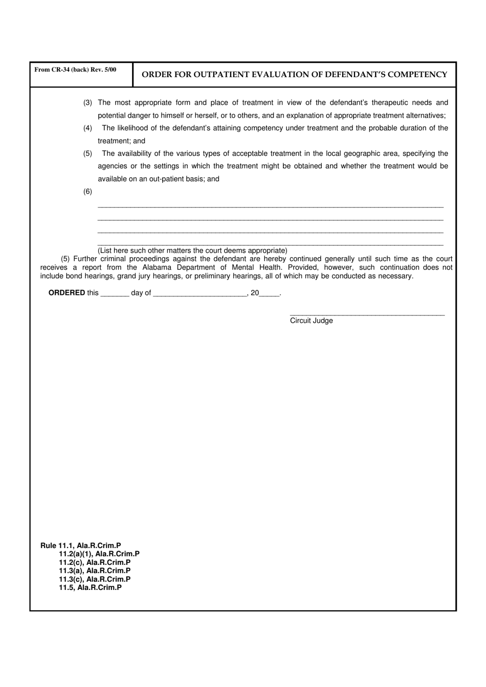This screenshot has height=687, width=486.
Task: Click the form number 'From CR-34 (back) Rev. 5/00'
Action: (75, 70)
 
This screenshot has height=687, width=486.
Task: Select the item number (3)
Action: (87, 103)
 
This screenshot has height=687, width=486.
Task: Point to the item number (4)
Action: (87, 128)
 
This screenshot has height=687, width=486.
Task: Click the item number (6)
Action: (87, 192)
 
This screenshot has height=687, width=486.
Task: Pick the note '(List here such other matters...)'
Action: (192, 250)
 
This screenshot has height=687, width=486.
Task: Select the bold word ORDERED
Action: (67, 293)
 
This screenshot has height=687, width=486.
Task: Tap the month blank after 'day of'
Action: (200, 294)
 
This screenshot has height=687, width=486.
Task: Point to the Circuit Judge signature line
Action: (367, 314)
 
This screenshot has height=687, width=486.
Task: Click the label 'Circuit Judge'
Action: (311, 320)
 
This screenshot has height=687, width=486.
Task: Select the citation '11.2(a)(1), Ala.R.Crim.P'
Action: (99, 554)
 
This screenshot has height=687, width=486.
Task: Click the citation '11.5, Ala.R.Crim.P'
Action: (90, 587)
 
